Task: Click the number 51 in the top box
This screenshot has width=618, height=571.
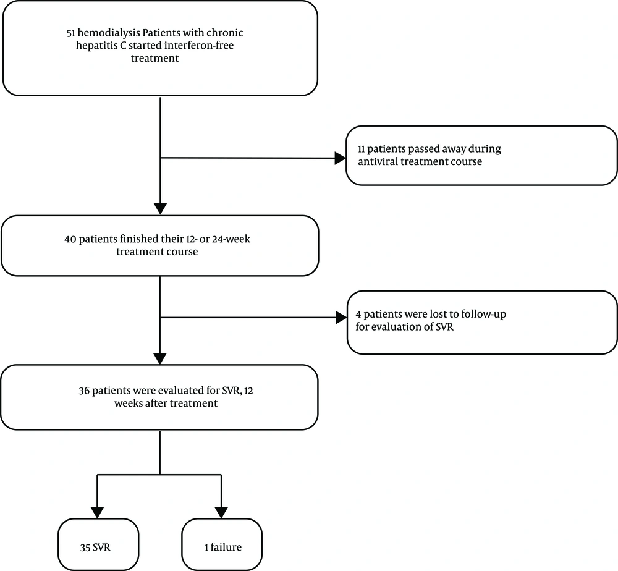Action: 71,33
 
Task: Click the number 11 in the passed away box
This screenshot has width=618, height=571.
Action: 362,149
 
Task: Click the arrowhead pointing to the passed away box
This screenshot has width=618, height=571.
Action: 340,158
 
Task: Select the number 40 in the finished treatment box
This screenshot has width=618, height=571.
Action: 70,239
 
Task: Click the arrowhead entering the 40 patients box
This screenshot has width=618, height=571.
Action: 160,209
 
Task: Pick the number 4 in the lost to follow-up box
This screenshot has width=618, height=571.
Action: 358,315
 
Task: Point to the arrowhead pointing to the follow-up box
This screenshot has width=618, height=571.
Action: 341,318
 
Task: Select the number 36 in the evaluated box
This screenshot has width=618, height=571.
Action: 84,391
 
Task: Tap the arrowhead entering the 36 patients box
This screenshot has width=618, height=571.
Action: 160,358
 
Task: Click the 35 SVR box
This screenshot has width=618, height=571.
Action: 98,544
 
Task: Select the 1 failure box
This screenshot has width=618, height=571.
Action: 222,544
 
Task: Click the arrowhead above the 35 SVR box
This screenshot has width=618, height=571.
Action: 97,512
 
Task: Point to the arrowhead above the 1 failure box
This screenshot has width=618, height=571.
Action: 221,512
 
